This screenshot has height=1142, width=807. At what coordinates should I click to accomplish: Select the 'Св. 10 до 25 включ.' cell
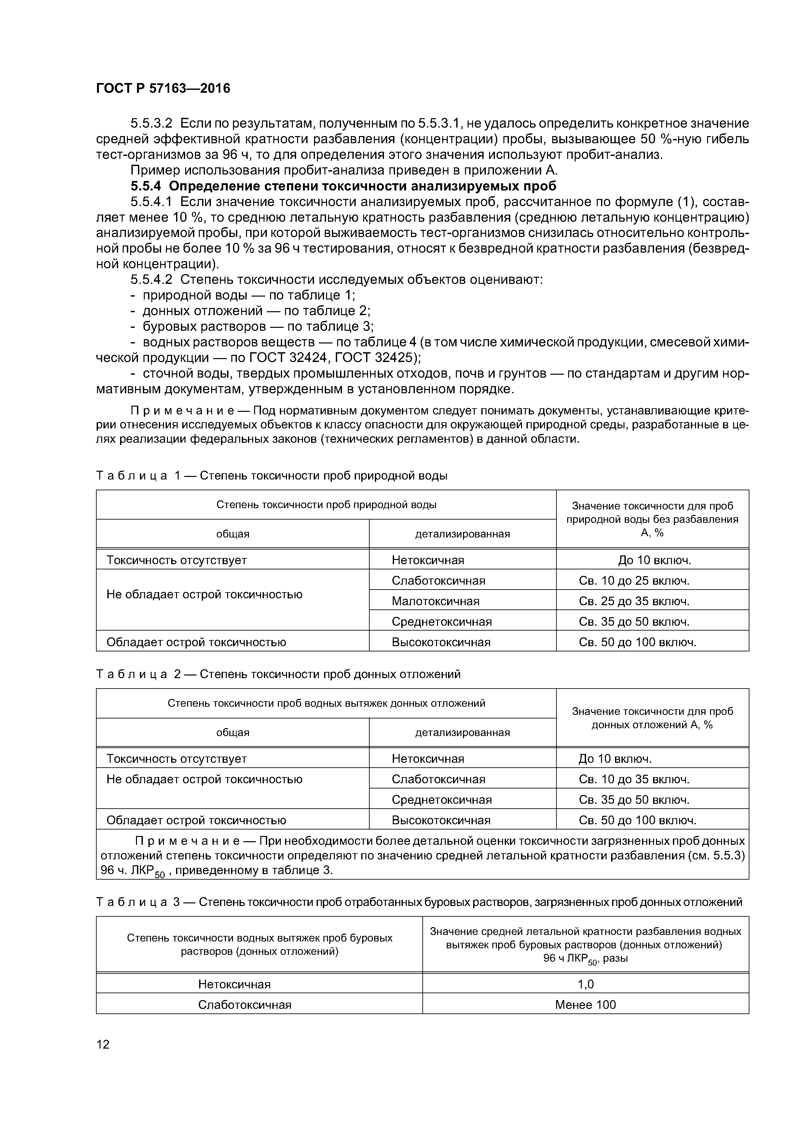coord(634,580)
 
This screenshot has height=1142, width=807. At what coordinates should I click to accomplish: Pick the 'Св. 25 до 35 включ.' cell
coord(634,601)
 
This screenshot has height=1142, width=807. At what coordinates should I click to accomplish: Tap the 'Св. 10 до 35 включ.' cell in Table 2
coord(634,779)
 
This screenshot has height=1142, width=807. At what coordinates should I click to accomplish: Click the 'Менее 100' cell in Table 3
coord(585,1005)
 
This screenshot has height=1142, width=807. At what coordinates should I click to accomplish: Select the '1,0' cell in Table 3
coord(585,984)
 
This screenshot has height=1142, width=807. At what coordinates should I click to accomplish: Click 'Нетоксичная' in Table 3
coord(234,984)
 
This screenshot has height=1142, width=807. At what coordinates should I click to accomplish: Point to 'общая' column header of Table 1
coord(232,534)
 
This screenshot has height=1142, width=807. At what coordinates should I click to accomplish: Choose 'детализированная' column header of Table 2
coord(462,732)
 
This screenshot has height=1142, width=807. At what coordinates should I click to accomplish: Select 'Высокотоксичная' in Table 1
coord(441,642)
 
